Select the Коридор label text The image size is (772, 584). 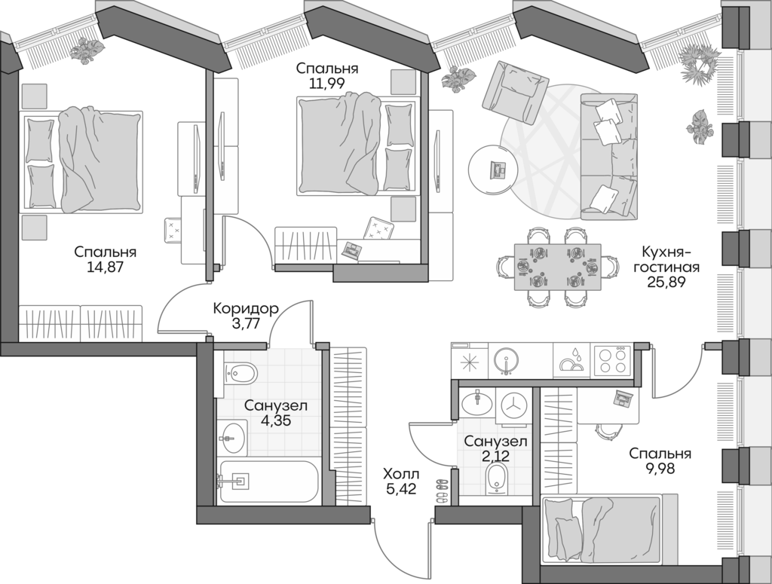[x=246, y=308]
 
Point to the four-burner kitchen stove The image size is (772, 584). [x=612, y=359]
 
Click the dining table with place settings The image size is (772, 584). [x=557, y=267]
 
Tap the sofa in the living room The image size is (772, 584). [x=608, y=156]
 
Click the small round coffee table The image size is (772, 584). [x=494, y=170]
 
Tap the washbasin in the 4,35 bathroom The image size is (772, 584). [x=232, y=434]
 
